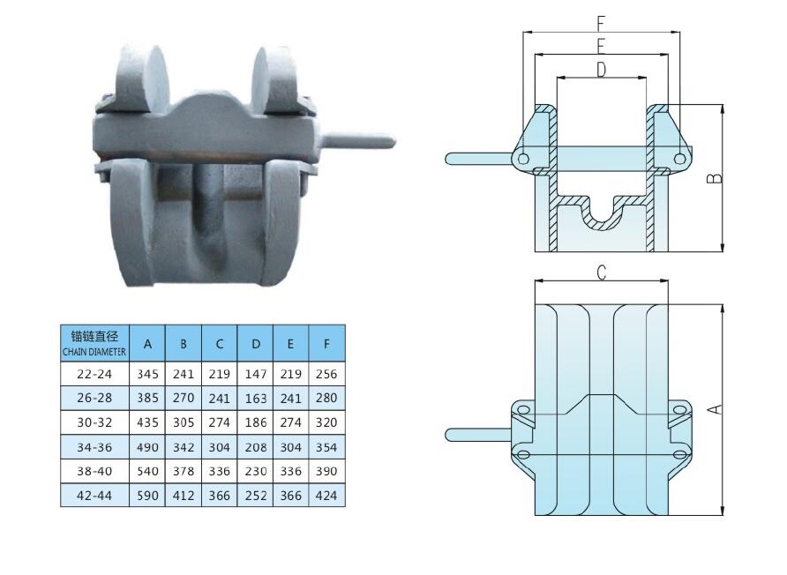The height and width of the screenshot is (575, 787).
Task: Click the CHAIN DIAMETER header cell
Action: [94, 343]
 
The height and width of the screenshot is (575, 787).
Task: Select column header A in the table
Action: [147, 343]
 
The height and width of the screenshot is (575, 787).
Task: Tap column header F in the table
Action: [326, 343]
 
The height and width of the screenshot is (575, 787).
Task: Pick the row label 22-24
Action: [94, 374]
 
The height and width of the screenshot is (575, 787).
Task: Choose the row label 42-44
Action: [94, 496]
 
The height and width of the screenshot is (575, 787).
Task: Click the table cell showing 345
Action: [147, 374]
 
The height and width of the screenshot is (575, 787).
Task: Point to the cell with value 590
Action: [147, 496]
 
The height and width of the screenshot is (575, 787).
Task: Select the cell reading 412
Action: [183, 496]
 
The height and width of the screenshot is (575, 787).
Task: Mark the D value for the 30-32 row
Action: [255, 422]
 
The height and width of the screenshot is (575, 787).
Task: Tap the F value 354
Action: [326, 447]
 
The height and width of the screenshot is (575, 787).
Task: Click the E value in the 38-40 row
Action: [290, 471]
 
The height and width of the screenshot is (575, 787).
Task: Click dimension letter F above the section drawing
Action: [602, 24]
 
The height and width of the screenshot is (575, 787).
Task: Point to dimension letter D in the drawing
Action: [602, 70]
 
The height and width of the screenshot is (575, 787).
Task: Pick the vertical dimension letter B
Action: [715, 177]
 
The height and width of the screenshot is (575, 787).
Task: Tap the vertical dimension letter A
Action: [716, 408]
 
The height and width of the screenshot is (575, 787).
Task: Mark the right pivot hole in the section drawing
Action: [679, 159]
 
